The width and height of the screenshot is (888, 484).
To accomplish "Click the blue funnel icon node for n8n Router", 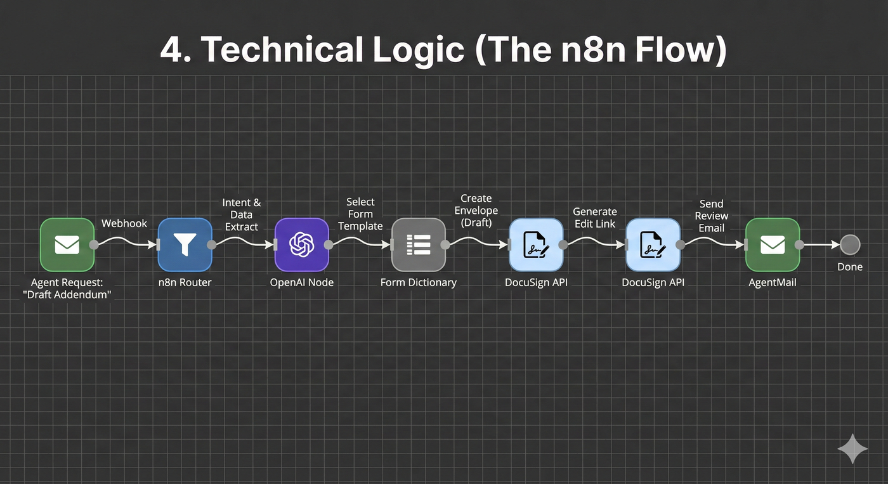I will tap(185, 244).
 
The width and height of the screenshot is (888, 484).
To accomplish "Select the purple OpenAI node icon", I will tap(302, 244).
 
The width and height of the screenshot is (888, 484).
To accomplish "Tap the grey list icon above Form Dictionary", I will tap(419, 244).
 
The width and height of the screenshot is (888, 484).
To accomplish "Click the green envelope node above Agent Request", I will tap(67, 244).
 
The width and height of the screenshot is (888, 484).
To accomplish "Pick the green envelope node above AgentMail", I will tap(773, 244).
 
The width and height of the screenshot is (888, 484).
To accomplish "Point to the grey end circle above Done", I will tap(850, 244).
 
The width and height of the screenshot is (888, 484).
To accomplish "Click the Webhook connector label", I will tap(124, 223).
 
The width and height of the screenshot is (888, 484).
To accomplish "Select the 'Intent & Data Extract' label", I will tap(242, 214).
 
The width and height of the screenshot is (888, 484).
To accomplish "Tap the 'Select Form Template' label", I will tap(360, 214).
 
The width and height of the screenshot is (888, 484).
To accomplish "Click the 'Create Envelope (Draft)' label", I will tap(476, 211).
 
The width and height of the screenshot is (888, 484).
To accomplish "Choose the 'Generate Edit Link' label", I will tap(595, 218).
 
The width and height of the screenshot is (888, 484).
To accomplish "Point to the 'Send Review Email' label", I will tap(711, 216).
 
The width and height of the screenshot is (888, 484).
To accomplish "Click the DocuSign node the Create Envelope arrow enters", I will tap(537, 244).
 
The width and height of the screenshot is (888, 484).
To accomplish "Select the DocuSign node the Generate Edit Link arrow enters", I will tap(653, 244).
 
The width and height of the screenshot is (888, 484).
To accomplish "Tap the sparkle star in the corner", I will tap(852, 448).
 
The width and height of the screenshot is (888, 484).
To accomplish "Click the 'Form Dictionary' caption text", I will tap(419, 282).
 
